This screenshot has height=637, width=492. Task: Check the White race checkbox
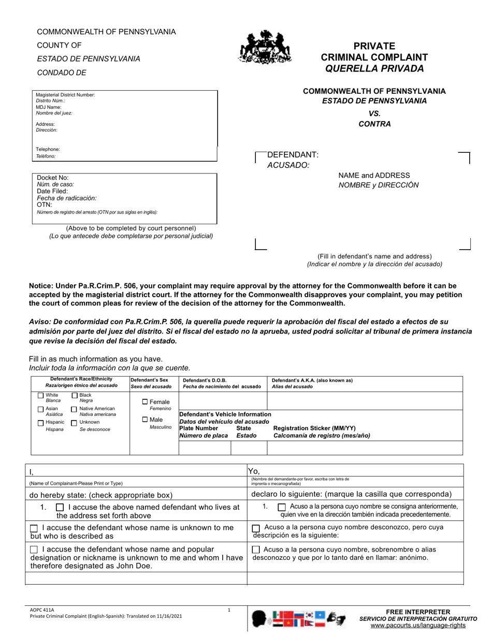[41, 396]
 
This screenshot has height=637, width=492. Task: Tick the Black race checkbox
[74, 396]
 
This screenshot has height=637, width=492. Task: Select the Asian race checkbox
[41, 410]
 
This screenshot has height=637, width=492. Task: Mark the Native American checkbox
[74, 410]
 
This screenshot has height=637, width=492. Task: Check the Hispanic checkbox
[41, 423]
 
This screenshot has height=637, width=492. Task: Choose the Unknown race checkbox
[74, 423]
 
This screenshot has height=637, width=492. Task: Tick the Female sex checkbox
[145, 402]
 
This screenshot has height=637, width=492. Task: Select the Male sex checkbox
[145, 420]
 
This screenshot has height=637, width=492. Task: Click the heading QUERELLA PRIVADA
[374, 68]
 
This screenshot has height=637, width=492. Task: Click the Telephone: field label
[48, 149]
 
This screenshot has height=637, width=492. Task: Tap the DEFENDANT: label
[293, 155]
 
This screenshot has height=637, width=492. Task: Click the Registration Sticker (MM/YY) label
[314, 428]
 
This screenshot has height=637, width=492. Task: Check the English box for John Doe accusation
[34, 549]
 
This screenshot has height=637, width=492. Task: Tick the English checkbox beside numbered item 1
[60, 508]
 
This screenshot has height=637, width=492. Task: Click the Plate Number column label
[198, 428]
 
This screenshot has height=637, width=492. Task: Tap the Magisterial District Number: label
[65, 95]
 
